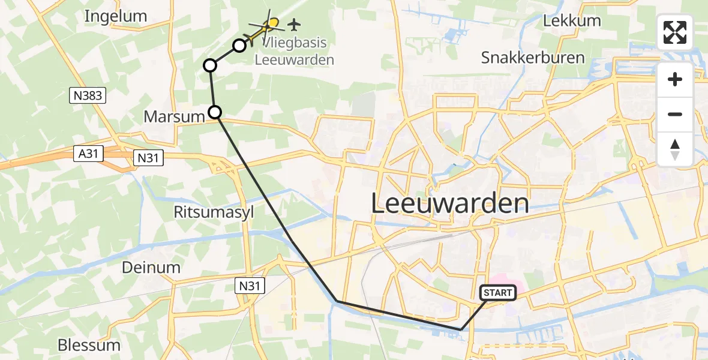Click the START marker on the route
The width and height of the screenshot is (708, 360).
[x=497, y=293]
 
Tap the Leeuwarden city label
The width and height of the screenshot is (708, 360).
[x=449, y=204]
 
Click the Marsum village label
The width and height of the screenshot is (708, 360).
[x=174, y=116]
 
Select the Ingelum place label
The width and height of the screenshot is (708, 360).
[x=116, y=16]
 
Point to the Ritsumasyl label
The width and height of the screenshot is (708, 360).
[x=209, y=212]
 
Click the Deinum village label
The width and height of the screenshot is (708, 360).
[x=151, y=267]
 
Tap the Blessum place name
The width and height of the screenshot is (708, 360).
[x=89, y=345]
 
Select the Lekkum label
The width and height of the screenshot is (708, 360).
[x=571, y=21]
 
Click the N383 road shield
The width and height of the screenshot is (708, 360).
[x=88, y=95]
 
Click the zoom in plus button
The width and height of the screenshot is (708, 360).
[x=675, y=80]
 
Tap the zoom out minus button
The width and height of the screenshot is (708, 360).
[x=675, y=114]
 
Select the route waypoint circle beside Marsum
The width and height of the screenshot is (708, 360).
[x=214, y=112]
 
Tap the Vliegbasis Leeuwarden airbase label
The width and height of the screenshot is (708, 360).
[x=294, y=52]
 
